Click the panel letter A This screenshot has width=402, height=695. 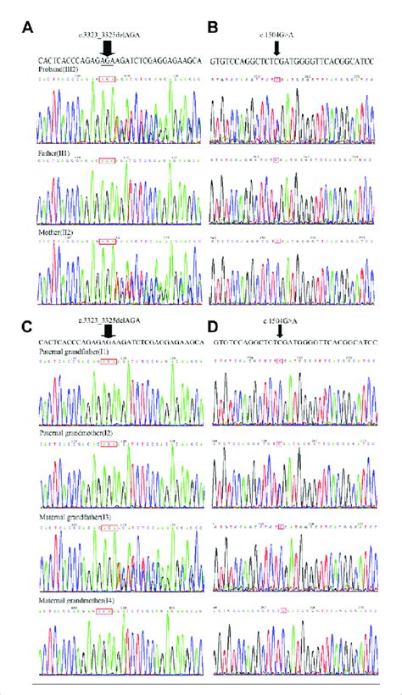coord(27,28)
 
